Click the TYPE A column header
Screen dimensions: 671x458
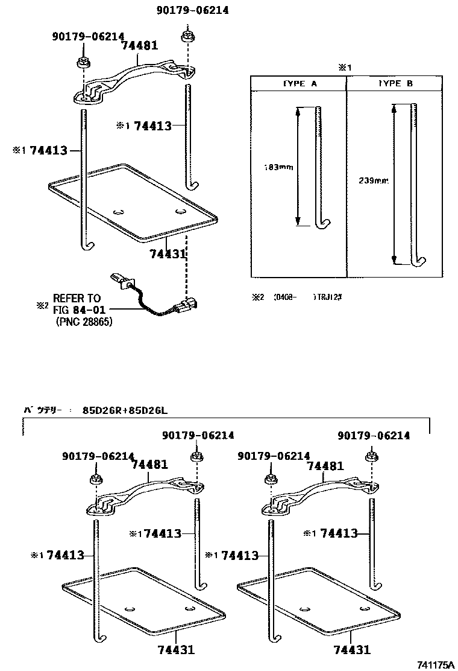pos(298,84)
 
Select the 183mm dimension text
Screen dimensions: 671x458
pos(278,167)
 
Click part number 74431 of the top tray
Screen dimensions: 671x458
pos(167,255)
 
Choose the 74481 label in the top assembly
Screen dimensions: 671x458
pos(139,45)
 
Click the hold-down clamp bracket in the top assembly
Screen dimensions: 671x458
pos(136,78)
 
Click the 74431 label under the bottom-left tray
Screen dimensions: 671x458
pos(176,650)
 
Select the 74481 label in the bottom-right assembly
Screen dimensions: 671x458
pos(325,466)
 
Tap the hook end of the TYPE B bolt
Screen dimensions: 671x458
pos(418,261)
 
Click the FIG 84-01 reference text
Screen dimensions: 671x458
pos(77,310)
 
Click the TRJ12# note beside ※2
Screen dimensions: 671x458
pos(329,297)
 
